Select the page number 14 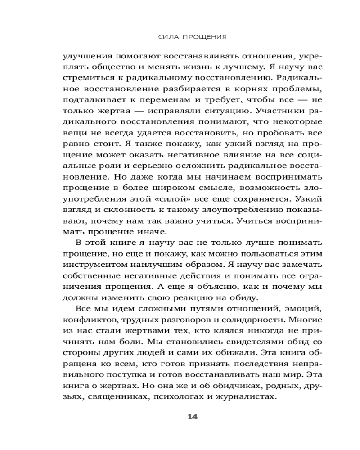[x=193, y=417]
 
